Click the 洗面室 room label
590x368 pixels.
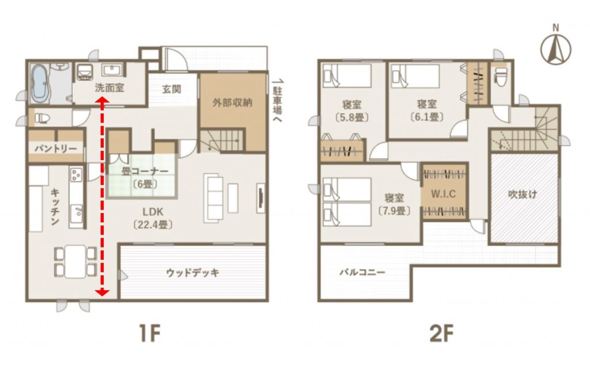pyautogui.click(x=109, y=88)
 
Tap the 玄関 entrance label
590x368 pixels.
pyautogui.click(x=172, y=89)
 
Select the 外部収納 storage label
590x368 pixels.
pyautogui.click(x=232, y=103)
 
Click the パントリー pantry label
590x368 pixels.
pyautogui.click(x=56, y=148)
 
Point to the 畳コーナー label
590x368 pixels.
pyautogui.click(x=145, y=171)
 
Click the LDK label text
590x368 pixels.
pyautogui.click(x=153, y=211)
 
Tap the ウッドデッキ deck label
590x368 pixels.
pyautogui.click(x=192, y=272)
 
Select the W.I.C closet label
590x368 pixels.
pyautogui.click(x=444, y=194)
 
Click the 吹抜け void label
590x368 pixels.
pyautogui.click(x=523, y=195)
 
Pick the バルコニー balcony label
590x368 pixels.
pyautogui.click(x=362, y=272)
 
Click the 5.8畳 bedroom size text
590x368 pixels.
pyautogui.click(x=351, y=117)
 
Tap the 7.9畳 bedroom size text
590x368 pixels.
pyautogui.click(x=394, y=210)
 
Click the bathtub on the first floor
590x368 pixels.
pyautogui.click(x=40, y=84)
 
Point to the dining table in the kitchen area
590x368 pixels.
pyautogui.click(x=75, y=261)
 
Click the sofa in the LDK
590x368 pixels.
pyautogui.click(x=213, y=198)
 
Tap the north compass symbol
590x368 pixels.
pyautogui.click(x=556, y=47)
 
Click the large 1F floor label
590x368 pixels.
pyautogui.click(x=150, y=333)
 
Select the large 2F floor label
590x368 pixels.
pyautogui.click(x=441, y=333)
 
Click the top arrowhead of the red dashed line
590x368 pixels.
pyautogui.click(x=102, y=100)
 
